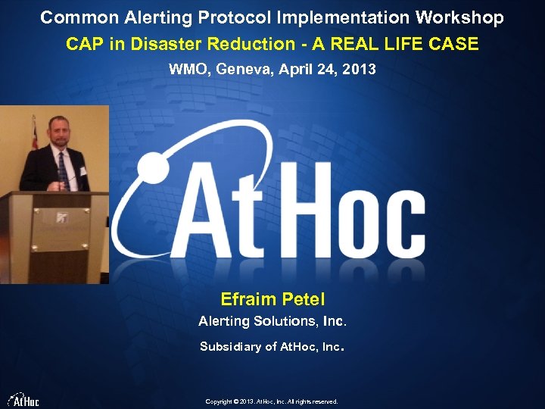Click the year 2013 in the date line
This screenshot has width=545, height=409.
(360, 70)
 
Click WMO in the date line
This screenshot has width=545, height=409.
(188, 70)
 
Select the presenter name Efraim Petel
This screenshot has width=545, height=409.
(272, 299)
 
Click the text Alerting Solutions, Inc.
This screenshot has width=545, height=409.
(272, 321)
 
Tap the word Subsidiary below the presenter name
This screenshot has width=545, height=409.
(227, 347)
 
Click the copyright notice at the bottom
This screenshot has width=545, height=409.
(272, 401)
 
